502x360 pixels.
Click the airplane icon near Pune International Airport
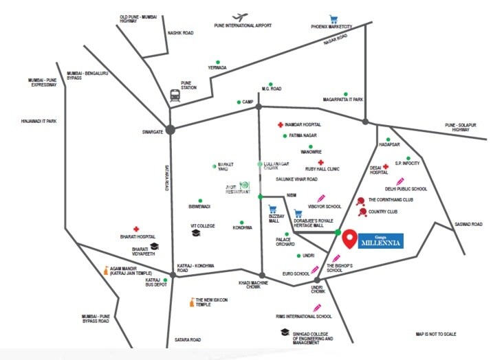coord(239,17)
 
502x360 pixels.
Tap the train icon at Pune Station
coord(174,95)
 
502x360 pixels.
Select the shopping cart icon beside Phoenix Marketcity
coord(334,19)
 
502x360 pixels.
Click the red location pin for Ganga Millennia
coord(350,238)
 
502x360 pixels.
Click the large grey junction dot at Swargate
coord(170,128)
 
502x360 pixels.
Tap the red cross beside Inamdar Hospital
coord(279,125)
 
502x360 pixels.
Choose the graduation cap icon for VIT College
coord(197,233)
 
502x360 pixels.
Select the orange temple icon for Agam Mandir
coord(105,271)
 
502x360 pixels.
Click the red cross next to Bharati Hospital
coord(136,229)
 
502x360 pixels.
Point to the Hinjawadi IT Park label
coord(39,122)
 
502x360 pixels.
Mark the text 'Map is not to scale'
coord(436,334)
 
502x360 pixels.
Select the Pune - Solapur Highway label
coord(460,127)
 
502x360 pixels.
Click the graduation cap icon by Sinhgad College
coord(283,333)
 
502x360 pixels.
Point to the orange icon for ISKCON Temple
coord(190,302)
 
